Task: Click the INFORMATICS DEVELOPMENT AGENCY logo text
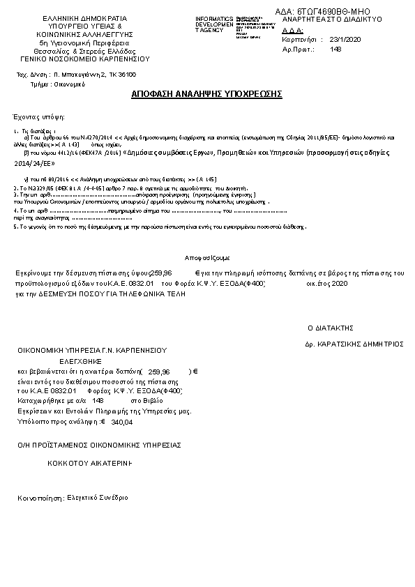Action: click(214, 24)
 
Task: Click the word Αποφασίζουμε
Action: click(207, 257)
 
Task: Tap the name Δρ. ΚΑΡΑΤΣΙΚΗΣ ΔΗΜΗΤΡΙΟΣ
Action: click(355, 344)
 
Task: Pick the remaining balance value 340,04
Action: click(121, 422)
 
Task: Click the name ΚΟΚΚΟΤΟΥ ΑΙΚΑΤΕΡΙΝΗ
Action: click(91, 462)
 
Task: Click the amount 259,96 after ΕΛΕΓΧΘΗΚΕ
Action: click(159, 372)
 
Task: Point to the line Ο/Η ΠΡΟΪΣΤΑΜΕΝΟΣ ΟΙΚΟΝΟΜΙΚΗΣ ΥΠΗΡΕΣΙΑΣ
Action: click(100, 444)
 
